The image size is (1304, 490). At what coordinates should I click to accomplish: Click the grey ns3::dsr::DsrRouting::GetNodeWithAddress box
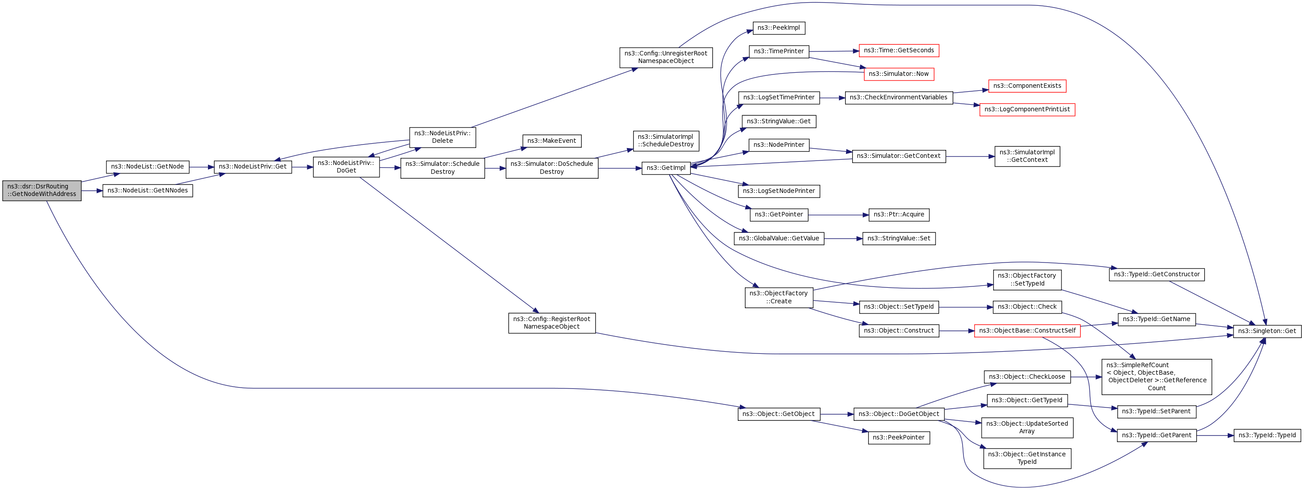click(x=42, y=190)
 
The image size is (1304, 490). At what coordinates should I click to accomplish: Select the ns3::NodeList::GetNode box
click(x=147, y=167)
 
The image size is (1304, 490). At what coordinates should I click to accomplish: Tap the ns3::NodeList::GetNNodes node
click(x=147, y=191)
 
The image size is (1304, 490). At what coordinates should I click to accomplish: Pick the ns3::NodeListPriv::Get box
click(x=253, y=167)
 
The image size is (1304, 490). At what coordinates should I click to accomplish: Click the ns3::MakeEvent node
click(x=551, y=141)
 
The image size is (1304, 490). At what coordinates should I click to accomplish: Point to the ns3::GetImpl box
click(x=666, y=168)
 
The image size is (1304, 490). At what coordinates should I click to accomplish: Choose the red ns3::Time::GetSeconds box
click(x=899, y=51)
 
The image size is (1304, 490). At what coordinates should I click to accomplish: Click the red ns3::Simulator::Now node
click(x=899, y=74)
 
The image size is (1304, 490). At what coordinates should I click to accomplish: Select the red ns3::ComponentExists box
click(x=1026, y=86)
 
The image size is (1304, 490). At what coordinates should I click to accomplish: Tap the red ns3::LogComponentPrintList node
click(x=1026, y=110)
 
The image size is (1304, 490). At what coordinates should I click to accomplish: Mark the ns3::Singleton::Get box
click(x=1267, y=331)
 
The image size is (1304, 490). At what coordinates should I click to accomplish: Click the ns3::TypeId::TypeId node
click(x=1267, y=435)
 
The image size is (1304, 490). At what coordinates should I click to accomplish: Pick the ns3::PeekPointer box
click(x=899, y=437)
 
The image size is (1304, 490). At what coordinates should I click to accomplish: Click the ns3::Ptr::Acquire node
click(x=899, y=215)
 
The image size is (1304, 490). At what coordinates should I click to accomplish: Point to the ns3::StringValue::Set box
click(x=899, y=239)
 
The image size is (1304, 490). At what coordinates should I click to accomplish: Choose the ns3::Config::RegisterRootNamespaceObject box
click(x=551, y=323)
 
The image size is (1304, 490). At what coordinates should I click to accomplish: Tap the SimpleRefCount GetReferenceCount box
click(x=1156, y=376)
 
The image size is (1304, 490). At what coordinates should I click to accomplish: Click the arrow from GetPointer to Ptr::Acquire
click(x=838, y=215)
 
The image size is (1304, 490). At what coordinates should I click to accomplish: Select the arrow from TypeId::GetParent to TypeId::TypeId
click(x=1215, y=435)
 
